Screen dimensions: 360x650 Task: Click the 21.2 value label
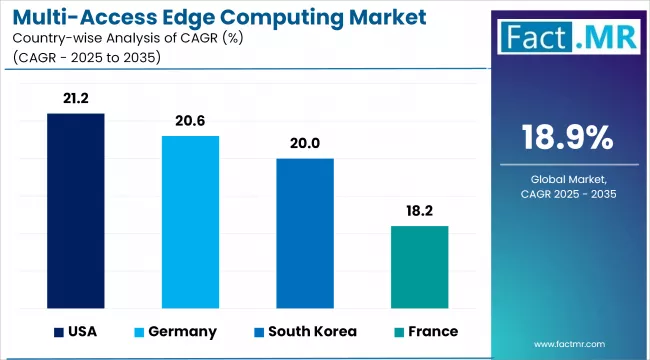[75, 99]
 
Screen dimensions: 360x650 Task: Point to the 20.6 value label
[190, 121]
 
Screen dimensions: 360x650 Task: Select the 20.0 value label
[305, 143]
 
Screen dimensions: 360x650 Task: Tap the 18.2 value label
[419, 211]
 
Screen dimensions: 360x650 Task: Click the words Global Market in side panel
[568, 177]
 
